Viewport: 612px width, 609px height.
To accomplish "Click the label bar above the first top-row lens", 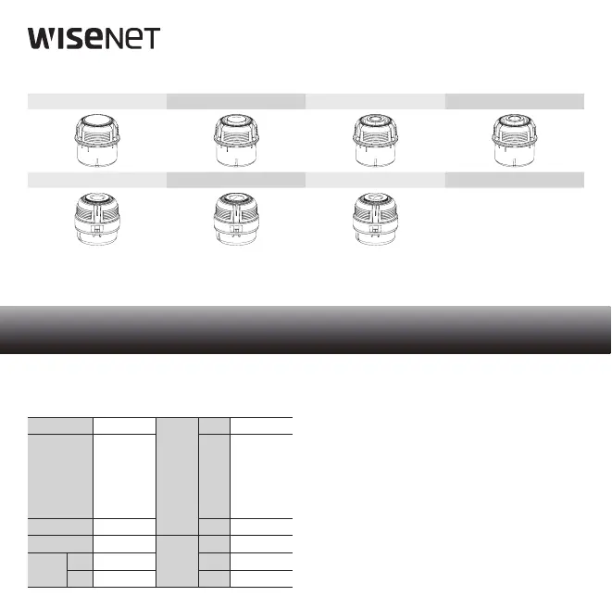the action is (97, 101).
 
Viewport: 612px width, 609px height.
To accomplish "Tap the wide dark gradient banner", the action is (306, 329).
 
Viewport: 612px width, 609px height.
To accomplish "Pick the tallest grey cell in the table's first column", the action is (61, 476).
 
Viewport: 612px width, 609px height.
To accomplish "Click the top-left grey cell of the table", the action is (61, 425).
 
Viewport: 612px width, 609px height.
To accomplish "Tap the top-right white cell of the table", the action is (262, 425).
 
